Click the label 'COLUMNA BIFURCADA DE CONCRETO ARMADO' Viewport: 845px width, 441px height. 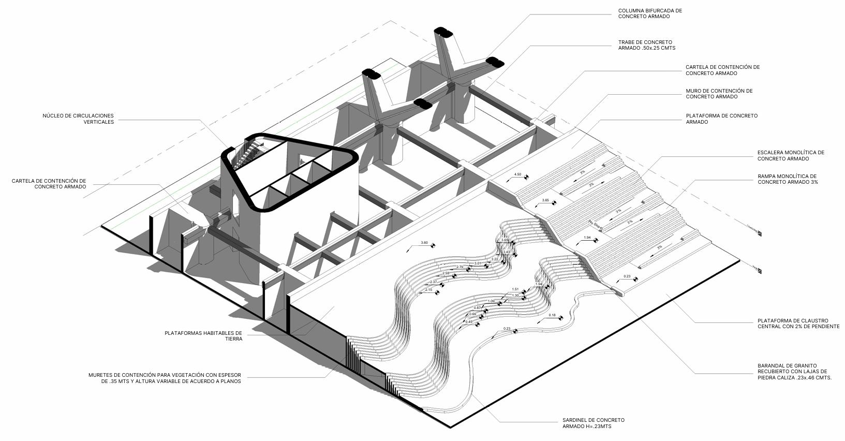pyautogui.click(x=650, y=13)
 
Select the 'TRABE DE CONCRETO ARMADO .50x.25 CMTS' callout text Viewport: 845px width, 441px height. pyautogui.click(x=646, y=45)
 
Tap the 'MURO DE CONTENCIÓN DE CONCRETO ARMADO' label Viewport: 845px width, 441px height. pyautogui.click(x=719, y=94)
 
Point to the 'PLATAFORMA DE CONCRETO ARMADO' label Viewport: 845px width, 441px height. pyautogui.click(x=721, y=119)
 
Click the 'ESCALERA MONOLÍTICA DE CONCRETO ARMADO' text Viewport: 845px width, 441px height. pyautogui.click(x=790, y=155)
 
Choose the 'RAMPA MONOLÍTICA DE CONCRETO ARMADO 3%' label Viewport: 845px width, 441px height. pyautogui.click(x=787, y=179)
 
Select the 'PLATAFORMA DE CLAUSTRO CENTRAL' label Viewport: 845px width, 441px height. pyautogui.click(x=798, y=324)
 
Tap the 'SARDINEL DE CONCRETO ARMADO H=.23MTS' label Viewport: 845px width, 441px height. pyautogui.click(x=593, y=423)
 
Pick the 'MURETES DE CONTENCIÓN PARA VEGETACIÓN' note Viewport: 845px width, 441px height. pyautogui.click(x=165, y=378)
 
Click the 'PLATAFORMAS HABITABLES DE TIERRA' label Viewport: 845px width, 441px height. pyautogui.click(x=203, y=335)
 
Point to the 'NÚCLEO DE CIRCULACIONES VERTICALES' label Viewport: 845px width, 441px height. pyautogui.click(x=78, y=119)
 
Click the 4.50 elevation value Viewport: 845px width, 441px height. pyautogui.click(x=517, y=174)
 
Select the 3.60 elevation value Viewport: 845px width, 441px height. pyautogui.click(x=424, y=243)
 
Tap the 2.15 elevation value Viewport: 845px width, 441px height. pyautogui.click(x=428, y=290)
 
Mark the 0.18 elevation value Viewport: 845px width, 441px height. pyautogui.click(x=552, y=315)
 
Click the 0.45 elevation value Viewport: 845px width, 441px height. pyautogui.click(x=468, y=322)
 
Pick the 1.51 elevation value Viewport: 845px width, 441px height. pyautogui.click(x=515, y=289)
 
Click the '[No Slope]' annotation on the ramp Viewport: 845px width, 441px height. pyautogui.click(x=596, y=225)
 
